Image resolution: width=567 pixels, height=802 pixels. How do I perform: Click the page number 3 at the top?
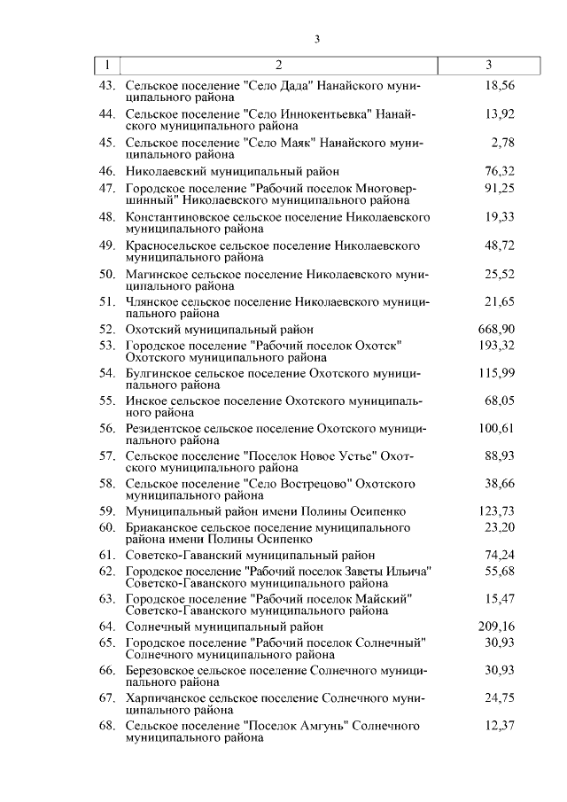[x=315, y=38]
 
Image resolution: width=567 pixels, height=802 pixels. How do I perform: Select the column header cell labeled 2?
[x=278, y=65]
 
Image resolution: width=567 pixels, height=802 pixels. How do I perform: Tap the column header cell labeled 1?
[x=106, y=65]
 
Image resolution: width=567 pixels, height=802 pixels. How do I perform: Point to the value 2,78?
[x=501, y=143]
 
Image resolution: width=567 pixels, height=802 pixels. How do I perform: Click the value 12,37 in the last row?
[x=500, y=726]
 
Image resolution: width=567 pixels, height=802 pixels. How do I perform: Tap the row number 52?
[x=107, y=329]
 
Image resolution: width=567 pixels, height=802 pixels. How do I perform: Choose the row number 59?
[x=107, y=511]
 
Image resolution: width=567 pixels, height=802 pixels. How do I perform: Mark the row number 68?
[x=107, y=726]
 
